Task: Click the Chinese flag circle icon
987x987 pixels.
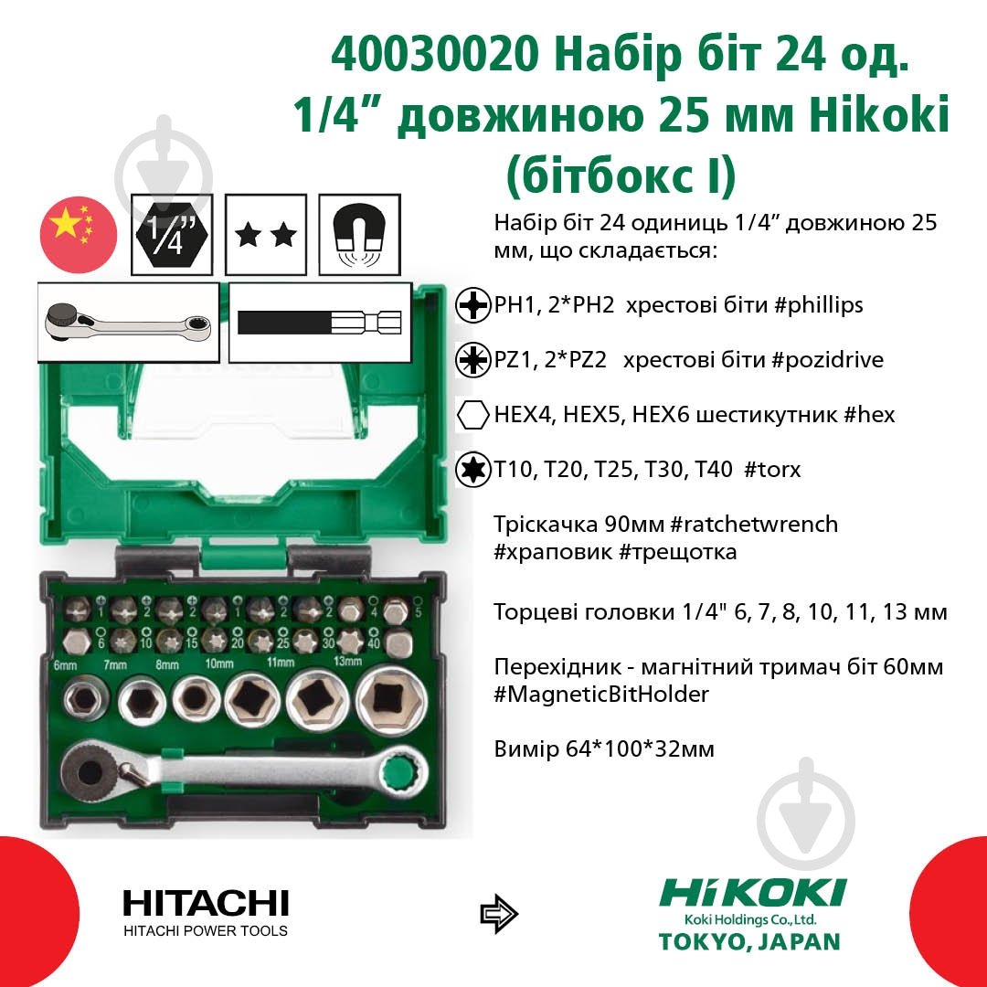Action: (x=78, y=232)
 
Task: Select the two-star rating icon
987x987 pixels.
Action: (x=266, y=235)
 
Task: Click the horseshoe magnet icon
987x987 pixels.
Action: (x=359, y=234)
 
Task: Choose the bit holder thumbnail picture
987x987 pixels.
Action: (x=319, y=324)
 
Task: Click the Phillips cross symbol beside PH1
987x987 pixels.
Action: (x=472, y=306)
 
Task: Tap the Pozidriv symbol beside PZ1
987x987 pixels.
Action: (x=472, y=360)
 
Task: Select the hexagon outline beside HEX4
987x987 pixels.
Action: (x=472, y=415)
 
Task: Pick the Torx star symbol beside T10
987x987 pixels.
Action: (x=472, y=470)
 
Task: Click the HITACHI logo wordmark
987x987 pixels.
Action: (x=206, y=904)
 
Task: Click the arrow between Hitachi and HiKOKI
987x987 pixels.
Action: (x=499, y=912)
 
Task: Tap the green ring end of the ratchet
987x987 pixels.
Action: (x=402, y=773)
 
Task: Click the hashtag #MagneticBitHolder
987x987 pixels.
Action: (x=600, y=695)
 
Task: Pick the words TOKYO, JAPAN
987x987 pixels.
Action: (x=749, y=941)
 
